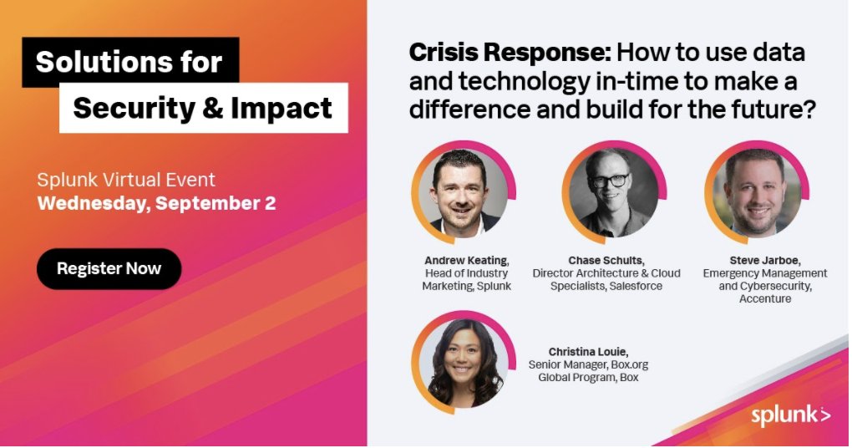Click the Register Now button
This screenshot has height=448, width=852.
click(x=109, y=269)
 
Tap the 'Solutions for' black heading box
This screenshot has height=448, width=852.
click(x=129, y=63)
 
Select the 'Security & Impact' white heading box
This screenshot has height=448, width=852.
click(x=203, y=108)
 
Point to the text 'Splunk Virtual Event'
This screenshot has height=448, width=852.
click(x=126, y=180)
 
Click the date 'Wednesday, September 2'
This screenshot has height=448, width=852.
click(x=156, y=203)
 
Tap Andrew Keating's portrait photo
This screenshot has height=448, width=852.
click(x=459, y=193)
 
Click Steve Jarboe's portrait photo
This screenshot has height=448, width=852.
click(x=753, y=193)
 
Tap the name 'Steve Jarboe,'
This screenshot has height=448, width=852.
click(x=764, y=260)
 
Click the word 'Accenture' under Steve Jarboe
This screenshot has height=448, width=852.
click(x=764, y=299)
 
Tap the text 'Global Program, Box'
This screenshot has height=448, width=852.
click(x=587, y=378)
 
